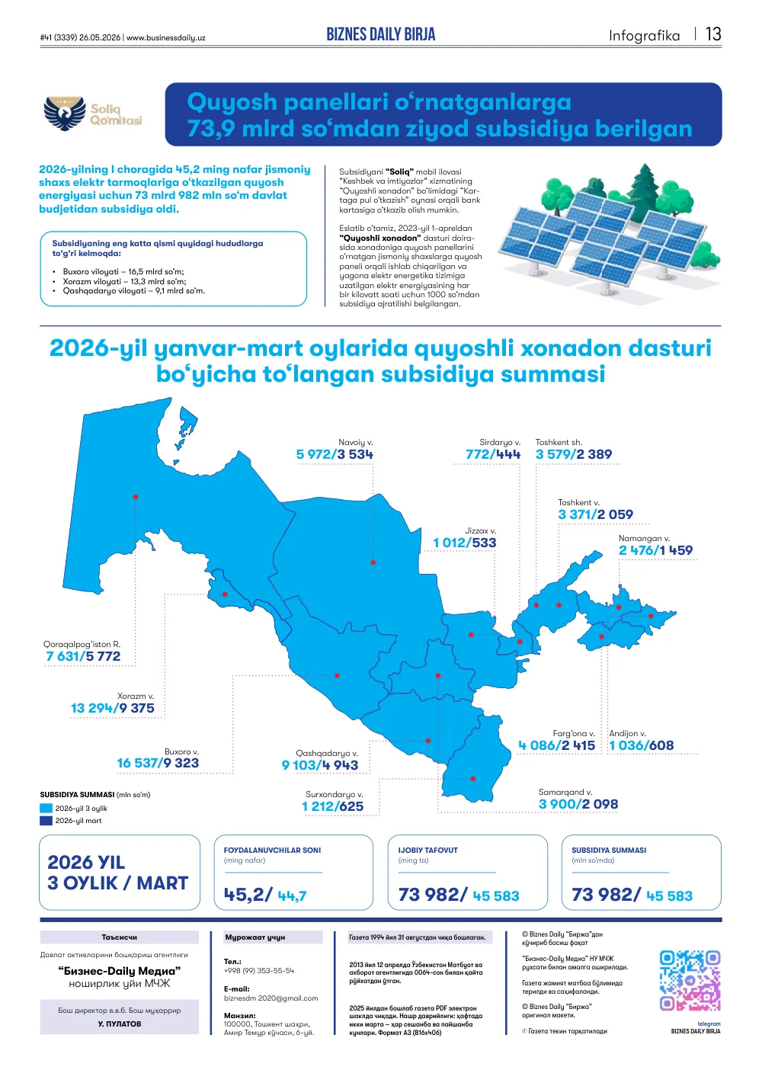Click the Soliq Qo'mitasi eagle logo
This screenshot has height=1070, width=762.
click(65, 114)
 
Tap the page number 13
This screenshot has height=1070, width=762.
click(712, 34)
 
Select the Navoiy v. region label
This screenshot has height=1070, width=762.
click(355, 442)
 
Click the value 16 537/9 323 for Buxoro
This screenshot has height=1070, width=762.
click(158, 763)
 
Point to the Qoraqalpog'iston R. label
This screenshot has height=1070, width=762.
click(82, 644)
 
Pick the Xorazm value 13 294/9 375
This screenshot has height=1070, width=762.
click(113, 708)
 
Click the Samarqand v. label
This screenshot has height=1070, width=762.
click(565, 792)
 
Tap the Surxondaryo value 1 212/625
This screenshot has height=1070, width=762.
click(332, 806)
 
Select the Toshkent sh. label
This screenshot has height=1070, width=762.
click(559, 442)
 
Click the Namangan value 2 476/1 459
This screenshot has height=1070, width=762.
click(655, 550)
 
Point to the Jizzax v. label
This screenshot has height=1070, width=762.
click(480, 530)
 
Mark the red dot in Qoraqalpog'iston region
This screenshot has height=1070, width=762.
click(136, 497)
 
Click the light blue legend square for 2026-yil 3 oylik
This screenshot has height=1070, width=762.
click(46, 809)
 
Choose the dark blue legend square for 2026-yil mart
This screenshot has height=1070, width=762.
click(46, 821)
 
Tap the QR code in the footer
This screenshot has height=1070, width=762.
click(690, 980)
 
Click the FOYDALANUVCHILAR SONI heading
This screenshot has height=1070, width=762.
click(272, 851)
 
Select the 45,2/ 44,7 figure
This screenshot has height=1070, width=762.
click(265, 895)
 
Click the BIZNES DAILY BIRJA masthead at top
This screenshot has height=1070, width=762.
click(381, 34)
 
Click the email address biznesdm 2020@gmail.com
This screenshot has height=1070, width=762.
click(271, 998)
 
